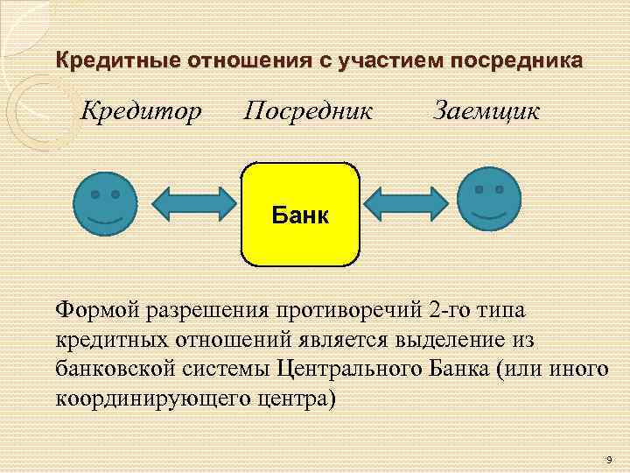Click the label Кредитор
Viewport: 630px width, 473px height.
[x=142, y=111]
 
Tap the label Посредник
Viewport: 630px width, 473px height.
[x=308, y=111]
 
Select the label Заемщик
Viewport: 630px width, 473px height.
[x=486, y=111]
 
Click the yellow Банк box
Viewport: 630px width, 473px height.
[x=300, y=214]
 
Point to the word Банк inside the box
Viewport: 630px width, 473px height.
[x=300, y=215]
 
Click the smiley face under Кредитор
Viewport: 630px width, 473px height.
[x=105, y=202]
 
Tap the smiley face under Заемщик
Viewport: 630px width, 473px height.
[x=489, y=201]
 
